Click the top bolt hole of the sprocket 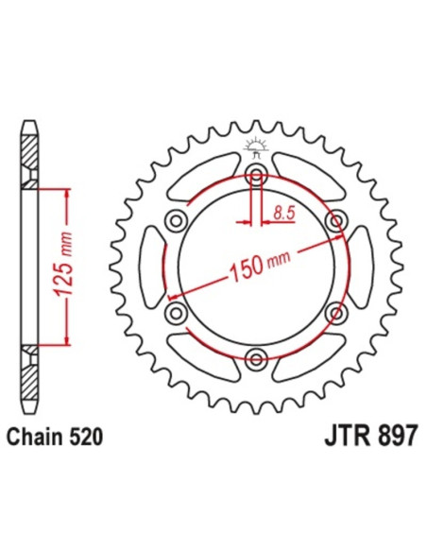pyautogui.click(x=255, y=174)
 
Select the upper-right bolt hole pyautogui.click(x=333, y=220)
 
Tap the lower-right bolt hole pyautogui.click(x=333, y=311)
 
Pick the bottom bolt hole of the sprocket pyautogui.click(x=255, y=356)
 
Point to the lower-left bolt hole pyautogui.click(x=176, y=311)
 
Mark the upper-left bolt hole pyautogui.click(x=176, y=220)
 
